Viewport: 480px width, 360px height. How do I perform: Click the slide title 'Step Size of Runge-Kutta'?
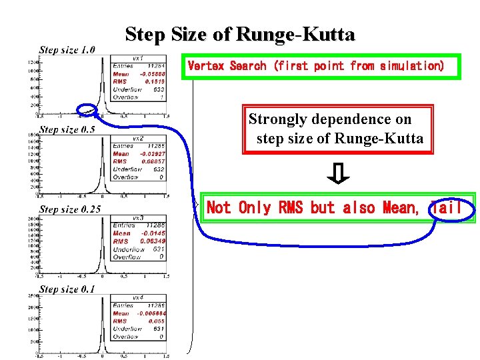(x=240, y=34)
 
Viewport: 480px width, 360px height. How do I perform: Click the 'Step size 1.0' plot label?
(x=67, y=49)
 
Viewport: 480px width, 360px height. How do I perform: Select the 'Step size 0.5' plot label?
(x=67, y=129)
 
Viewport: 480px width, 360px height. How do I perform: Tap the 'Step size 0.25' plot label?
(x=70, y=209)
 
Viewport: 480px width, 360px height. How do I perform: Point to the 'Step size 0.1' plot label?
(x=67, y=289)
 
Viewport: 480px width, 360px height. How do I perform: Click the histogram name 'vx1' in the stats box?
(x=138, y=58)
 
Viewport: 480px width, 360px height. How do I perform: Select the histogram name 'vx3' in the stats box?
(x=138, y=218)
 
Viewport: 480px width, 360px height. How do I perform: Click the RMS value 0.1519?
(x=155, y=81)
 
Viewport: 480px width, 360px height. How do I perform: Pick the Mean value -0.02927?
(x=153, y=153)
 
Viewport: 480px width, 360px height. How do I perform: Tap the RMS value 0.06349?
(x=153, y=241)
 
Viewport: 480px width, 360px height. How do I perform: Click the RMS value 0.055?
(x=157, y=321)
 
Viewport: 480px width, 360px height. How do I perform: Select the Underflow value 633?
(x=158, y=89)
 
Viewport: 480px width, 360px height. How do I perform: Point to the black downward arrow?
(x=339, y=174)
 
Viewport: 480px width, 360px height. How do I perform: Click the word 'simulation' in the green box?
(x=408, y=66)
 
